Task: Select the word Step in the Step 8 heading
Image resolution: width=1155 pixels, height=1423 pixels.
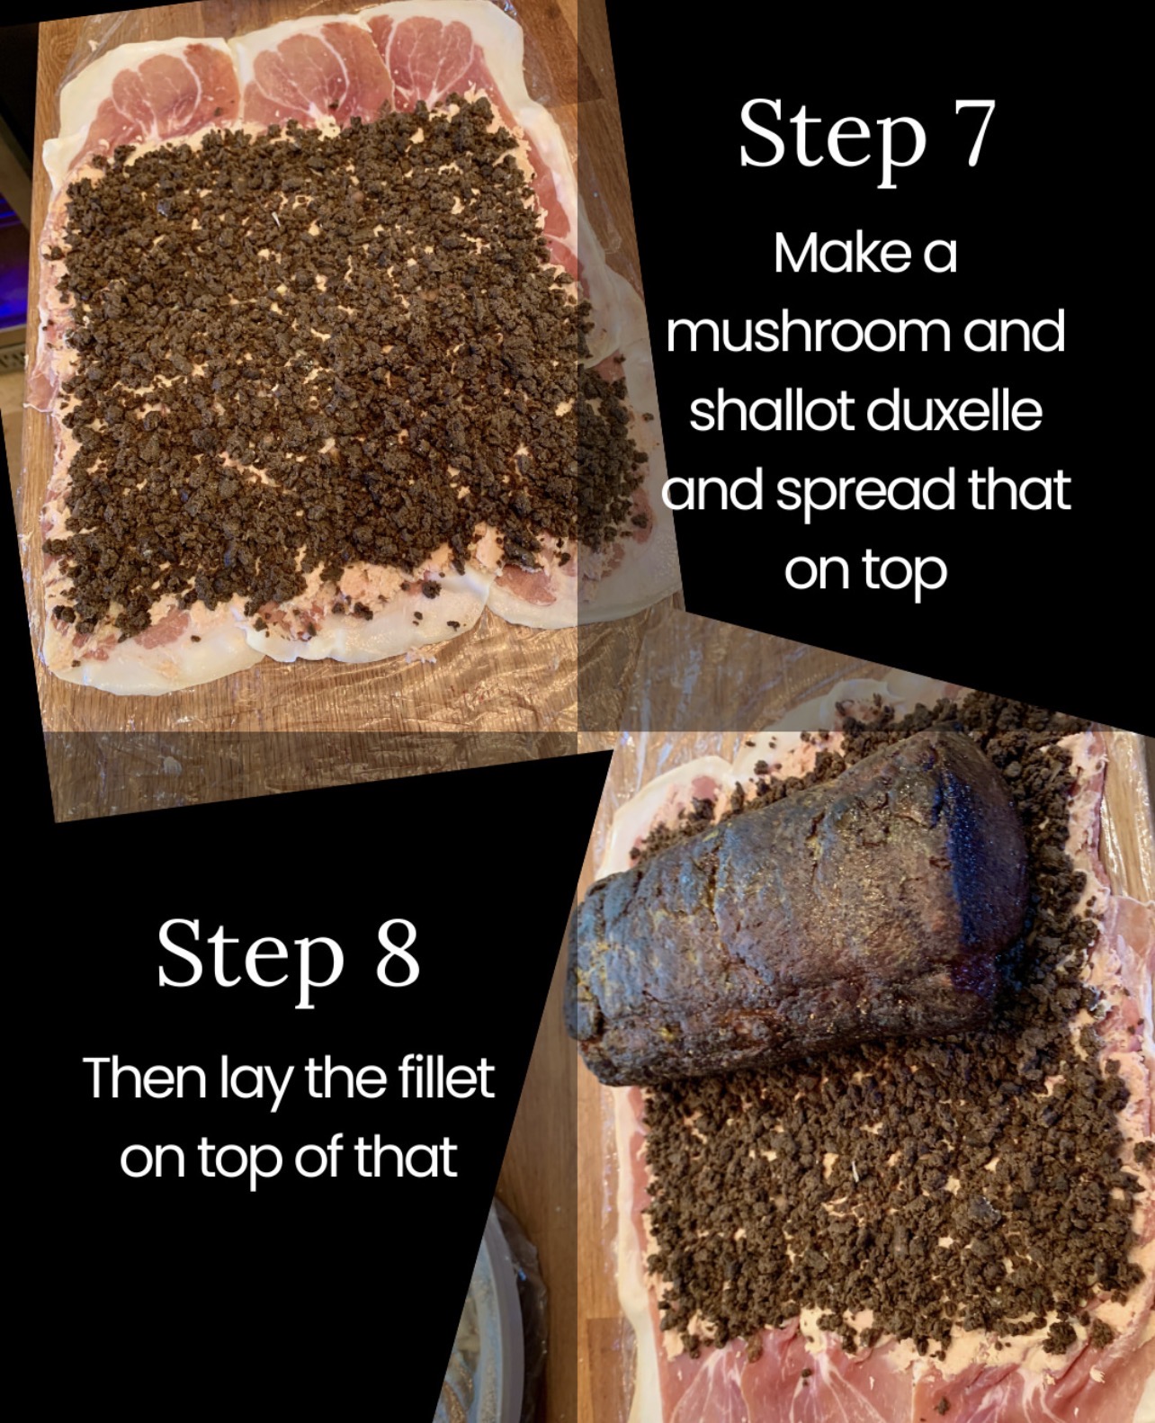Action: (251, 960)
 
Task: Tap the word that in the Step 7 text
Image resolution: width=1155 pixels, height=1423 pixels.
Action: (1019, 488)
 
